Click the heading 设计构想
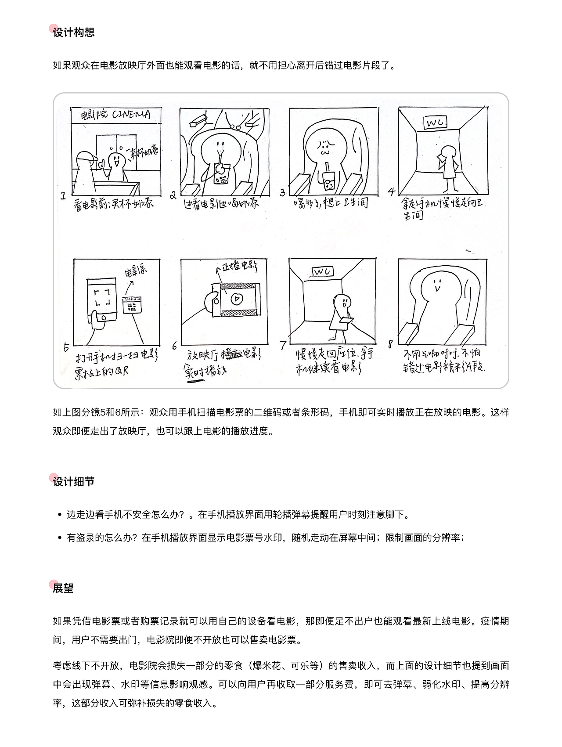[73, 32]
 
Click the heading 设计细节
[73, 482]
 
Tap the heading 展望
[63, 588]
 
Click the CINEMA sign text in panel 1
[131, 115]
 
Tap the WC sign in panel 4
[435, 123]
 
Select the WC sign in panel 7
[322, 272]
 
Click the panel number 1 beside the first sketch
[64, 196]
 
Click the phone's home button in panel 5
[102, 317]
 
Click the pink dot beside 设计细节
[54, 477]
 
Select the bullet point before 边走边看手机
[59, 515]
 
